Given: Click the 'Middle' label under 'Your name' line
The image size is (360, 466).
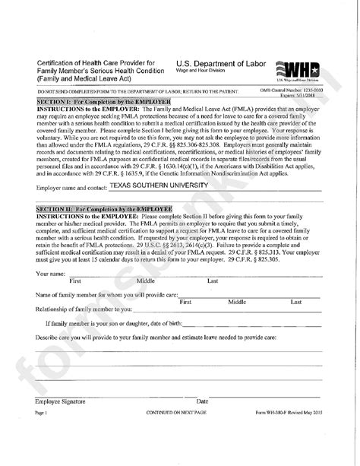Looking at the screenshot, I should pyautogui.click(x=146, y=281).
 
